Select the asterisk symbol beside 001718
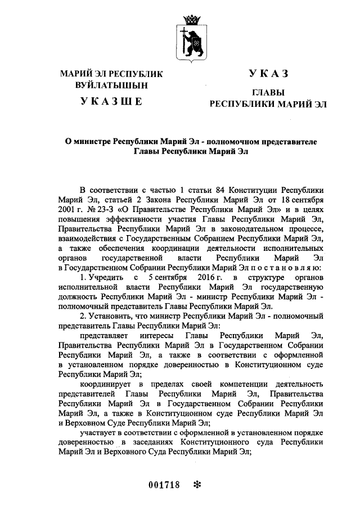pos(197,484)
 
